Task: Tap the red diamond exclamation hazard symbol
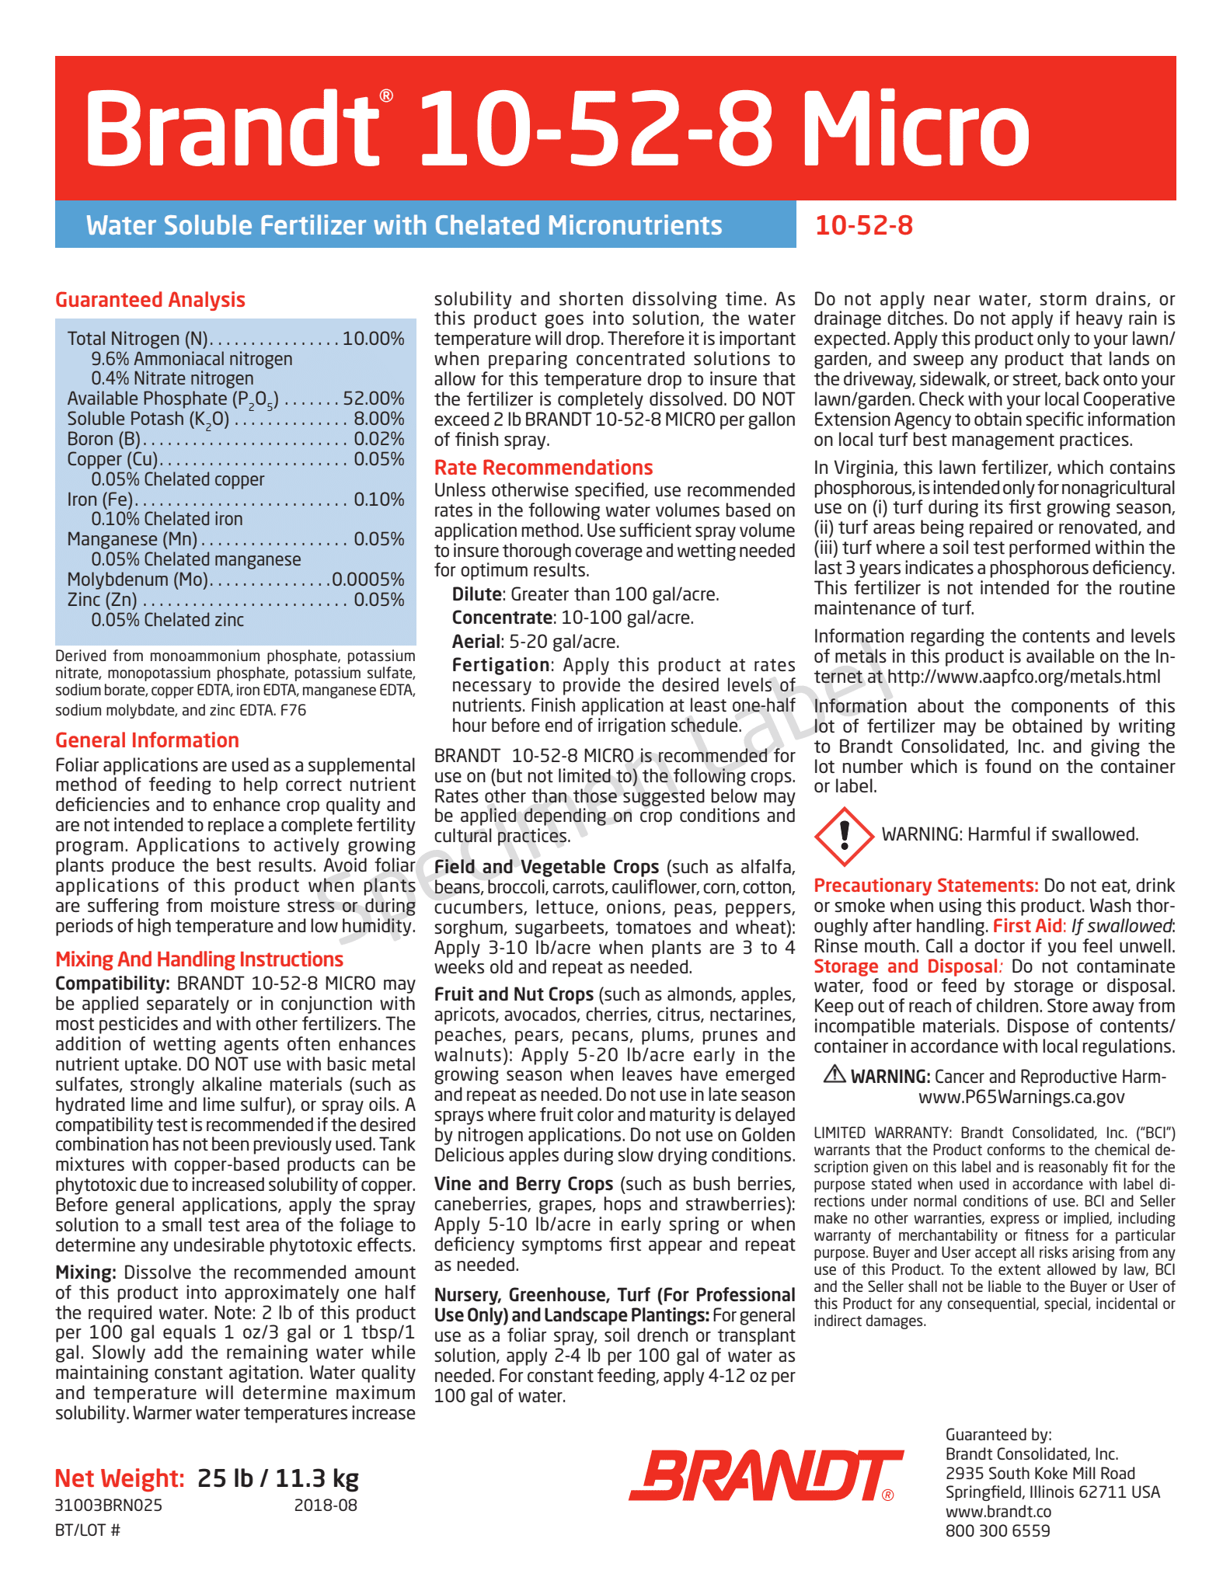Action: (845, 836)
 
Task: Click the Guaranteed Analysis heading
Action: (150, 300)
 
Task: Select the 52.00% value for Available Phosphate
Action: (374, 399)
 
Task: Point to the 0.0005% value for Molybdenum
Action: (368, 580)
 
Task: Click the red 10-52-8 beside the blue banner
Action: (863, 225)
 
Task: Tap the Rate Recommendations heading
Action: (543, 468)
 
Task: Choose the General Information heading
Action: (147, 740)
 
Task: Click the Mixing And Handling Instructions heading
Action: (199, 959)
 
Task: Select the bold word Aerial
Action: (476, 642)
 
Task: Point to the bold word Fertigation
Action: (500, 665)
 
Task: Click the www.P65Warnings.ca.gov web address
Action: (1021, 1097)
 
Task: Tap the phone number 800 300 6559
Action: (997, 1530)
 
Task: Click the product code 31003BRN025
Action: (109, 1505)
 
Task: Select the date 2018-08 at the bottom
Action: (326, 1505)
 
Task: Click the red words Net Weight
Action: (120, 1478)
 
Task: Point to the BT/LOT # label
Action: (88, 1530)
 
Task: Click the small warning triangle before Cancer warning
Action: (834, 1074)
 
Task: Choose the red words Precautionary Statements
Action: (925, 886)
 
